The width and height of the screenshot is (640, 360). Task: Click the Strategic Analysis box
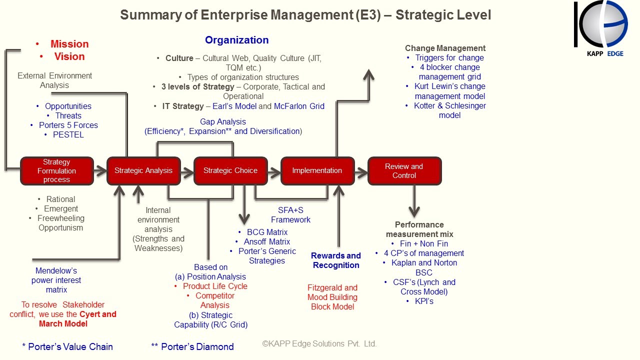(x=143, y=170)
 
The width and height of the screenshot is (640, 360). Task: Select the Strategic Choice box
(x=230, y=170)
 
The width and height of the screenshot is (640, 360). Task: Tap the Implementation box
(x=317, y=170)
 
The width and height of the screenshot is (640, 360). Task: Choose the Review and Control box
(x=404, y=170)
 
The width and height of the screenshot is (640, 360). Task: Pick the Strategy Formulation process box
(x=57, y=170)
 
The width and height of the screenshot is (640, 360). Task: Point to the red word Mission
(x=69, y=44)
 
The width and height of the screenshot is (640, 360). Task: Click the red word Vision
(x=69, y=56)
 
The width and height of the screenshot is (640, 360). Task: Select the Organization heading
(x=237, y=40)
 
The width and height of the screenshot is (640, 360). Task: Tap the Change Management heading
(x=445, y=48)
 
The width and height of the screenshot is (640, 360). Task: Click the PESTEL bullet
(x=68, y=134)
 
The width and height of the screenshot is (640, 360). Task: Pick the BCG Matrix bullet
(x=267, y=232)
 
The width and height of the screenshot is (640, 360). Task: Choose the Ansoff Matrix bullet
(x=267, y=241)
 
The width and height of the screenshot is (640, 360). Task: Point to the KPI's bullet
(x=424, y=301)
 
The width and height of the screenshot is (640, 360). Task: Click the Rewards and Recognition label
(x=336, y=260)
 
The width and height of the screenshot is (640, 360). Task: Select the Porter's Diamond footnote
(x=192, y=346)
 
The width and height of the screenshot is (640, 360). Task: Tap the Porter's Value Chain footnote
(x=67, y=346)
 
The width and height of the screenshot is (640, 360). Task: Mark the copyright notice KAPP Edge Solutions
(x=319, y=344)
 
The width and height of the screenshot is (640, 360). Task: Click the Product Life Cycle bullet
(x=215, y=286)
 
